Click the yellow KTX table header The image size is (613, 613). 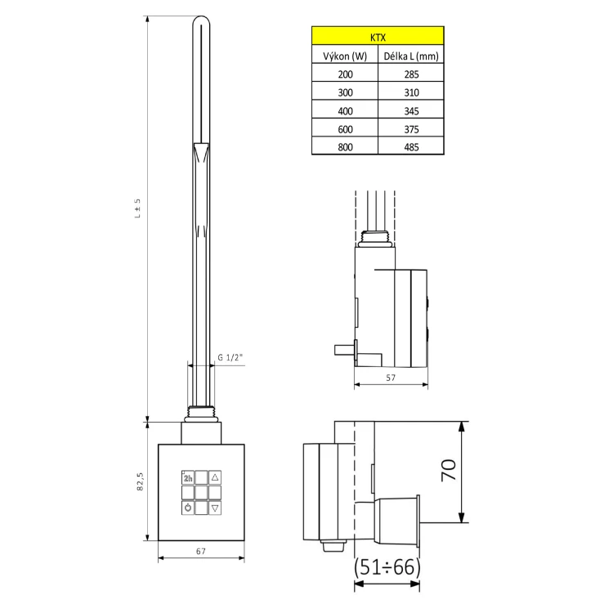pos(378,36)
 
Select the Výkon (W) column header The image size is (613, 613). pos(345,56)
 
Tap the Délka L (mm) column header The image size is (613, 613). pos(411,56)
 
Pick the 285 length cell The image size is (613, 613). pos(411,74)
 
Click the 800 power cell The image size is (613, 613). pos(345,147)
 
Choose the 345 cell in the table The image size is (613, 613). pos(411,111)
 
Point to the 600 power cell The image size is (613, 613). pos(345,129)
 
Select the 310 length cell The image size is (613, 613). pos(411,92)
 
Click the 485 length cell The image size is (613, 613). pos(411,147)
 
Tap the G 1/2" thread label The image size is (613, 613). pos(230,357)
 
